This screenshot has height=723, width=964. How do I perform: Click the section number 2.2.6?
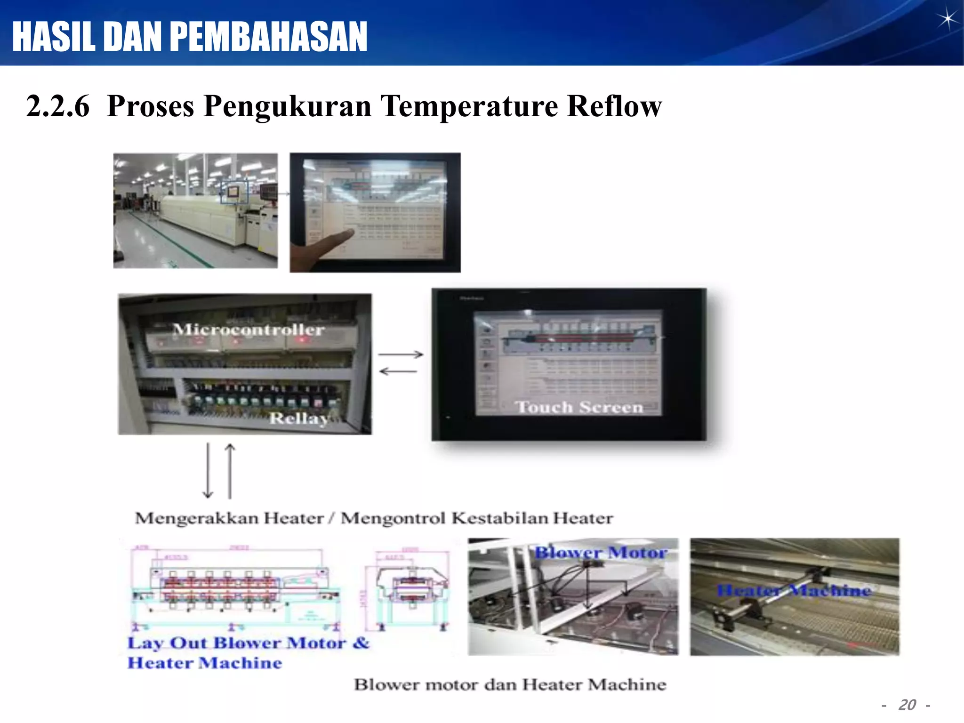tap(57, 106)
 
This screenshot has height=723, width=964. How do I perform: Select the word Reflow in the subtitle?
tap(614, 106)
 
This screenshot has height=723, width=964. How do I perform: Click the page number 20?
tap(907, 705)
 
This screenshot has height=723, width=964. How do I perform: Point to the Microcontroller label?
tap(249, 329)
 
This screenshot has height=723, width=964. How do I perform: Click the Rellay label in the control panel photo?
tap(298, 418)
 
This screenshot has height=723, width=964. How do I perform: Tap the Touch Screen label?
tap(579, 407)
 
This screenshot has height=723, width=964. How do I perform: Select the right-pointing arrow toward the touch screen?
tap(401, 354)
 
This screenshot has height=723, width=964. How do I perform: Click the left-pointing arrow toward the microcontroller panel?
tap(398, 372)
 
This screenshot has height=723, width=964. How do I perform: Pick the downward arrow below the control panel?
tap(208, 471)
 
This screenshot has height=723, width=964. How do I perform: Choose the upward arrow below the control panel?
tap(230, 471)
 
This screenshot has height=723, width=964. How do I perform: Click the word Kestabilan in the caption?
tap(500, 518)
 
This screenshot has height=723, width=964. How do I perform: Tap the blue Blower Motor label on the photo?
tap(601, 552)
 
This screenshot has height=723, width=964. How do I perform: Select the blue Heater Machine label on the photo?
tap(794, 590)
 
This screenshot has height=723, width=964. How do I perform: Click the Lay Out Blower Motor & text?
tap(248, 643)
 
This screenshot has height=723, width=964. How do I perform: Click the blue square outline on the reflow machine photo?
tap(234, 191)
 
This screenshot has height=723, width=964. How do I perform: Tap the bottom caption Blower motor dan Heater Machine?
tap(510, 684)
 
